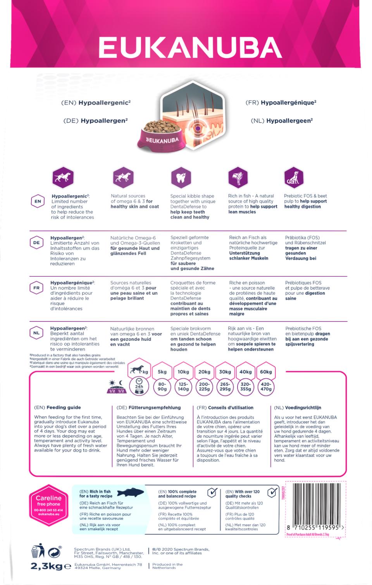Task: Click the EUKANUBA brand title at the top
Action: (x=190, y=48)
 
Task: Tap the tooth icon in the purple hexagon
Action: (x=181, y=178)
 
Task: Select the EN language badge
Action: (x=38, y=201)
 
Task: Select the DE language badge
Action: (x=36, y=243)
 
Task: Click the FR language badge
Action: (x=36, y=288)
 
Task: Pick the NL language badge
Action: (x=36, y=333)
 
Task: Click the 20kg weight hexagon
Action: (x=204, y=372)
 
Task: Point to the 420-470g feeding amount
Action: (x=266, y=387)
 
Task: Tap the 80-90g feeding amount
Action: (x=162, y=387)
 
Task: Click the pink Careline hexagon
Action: (x=48, y=505)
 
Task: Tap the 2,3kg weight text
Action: (x=46, y=566)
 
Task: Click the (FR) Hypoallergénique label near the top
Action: (x=281, y=103)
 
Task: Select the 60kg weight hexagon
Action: (x=266, y=372)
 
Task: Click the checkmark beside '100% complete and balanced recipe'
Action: (x=212, y=493)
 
